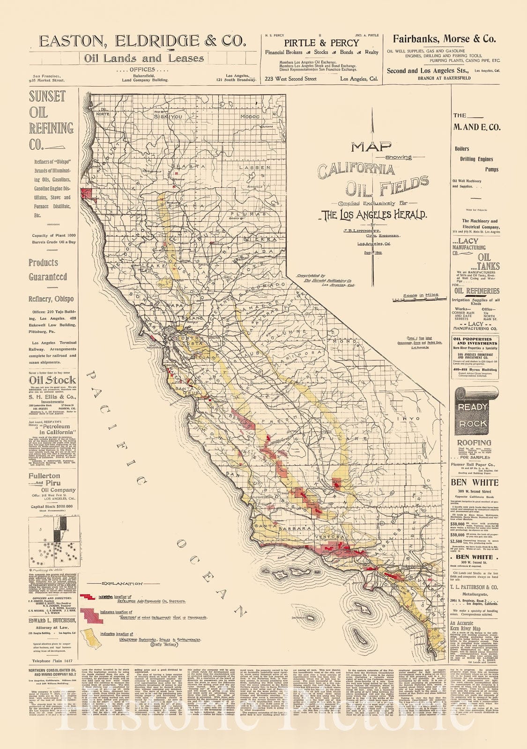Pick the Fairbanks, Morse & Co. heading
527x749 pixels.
tap(444, 38)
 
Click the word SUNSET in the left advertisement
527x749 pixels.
tap(47, 97)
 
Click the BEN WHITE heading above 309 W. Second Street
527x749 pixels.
tap(474, 482)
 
